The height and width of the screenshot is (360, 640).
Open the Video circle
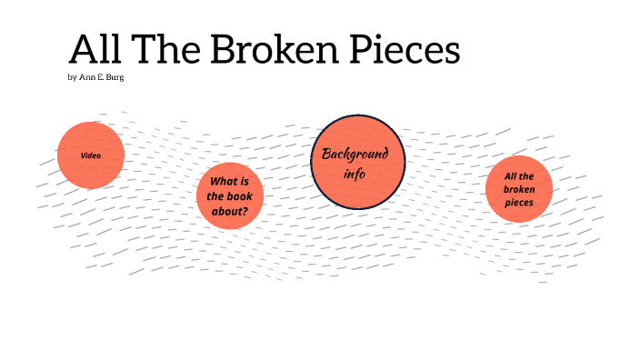pos(90,155)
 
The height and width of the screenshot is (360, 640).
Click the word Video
pos(90,155)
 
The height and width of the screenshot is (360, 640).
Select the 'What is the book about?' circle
pos(229,196)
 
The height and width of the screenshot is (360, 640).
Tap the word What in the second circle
pos(217,181)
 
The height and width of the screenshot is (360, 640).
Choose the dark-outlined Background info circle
pos(357,161)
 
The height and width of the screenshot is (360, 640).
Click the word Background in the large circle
pos(355,154)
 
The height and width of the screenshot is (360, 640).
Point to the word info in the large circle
pos(355,173)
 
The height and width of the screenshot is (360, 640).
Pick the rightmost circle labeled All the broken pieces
pos(518,189)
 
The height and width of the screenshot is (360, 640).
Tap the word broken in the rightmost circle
pos(518,189)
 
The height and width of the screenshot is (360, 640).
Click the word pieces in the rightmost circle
pos(518,203)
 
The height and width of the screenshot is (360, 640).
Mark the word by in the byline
pos(72,77)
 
